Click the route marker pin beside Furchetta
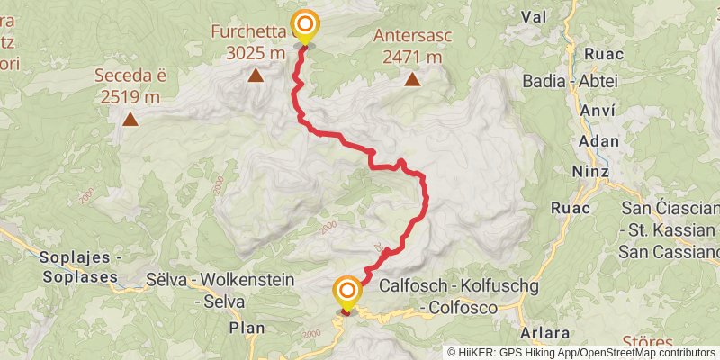305,24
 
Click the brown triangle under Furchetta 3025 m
256,76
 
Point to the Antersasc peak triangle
412,79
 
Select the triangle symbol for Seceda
130,118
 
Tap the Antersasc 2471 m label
412,46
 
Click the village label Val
534,16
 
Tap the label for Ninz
594,171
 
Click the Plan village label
246,328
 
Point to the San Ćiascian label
670,209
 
